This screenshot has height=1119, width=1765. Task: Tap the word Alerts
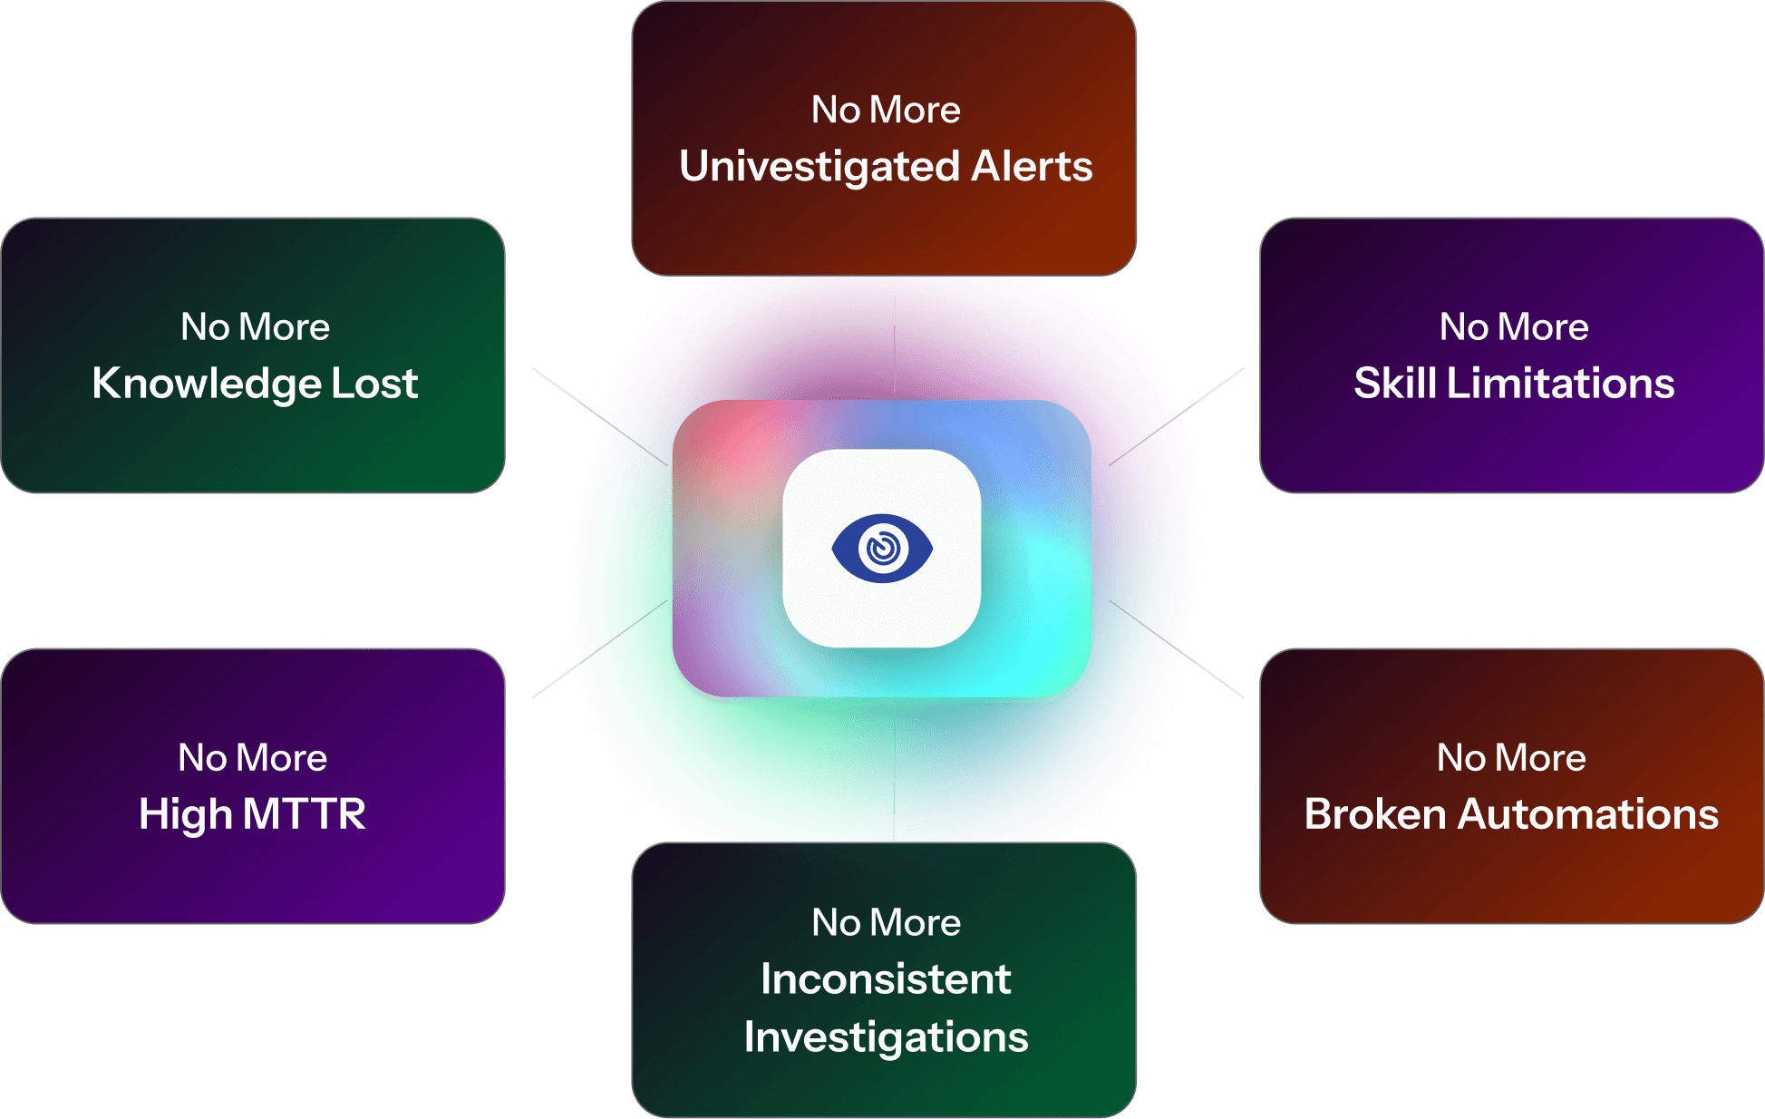1032,167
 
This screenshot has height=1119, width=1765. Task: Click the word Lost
374,384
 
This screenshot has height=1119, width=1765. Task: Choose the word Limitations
1560,384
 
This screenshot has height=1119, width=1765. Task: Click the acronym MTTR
304,814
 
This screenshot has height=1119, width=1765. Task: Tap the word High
185,814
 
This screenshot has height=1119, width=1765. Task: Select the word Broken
1374,814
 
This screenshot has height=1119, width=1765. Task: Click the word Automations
1587,814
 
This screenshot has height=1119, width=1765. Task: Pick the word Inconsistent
886,979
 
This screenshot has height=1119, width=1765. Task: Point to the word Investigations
886,1037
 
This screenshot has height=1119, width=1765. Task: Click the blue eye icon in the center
882,548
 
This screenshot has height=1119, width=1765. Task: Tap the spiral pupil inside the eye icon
883,548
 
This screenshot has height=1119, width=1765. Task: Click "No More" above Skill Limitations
1514,327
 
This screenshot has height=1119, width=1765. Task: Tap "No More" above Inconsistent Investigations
886,923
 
